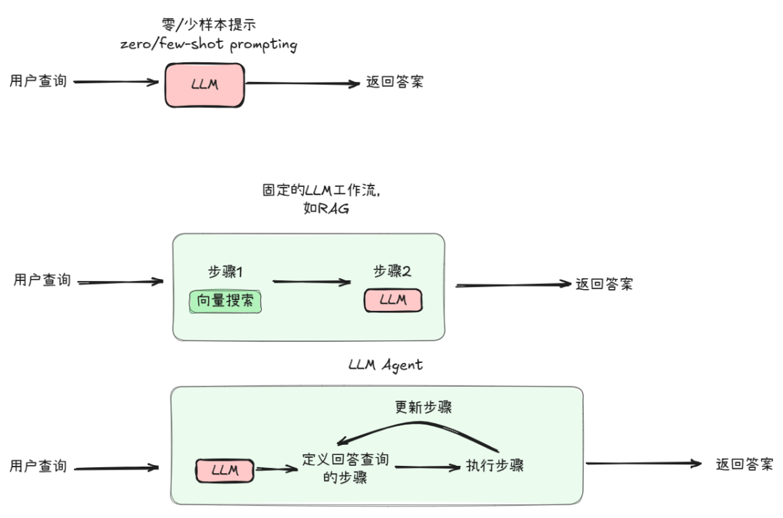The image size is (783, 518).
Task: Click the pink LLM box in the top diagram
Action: (x=204, y=85)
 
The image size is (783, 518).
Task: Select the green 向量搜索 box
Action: (x=225, y=301)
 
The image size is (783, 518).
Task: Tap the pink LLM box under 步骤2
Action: (x=392, y=300)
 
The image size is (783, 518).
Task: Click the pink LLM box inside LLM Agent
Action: (x=225, y=470)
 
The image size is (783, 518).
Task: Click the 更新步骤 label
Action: (x=423, y=407)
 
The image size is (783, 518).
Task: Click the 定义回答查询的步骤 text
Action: (x=345, y=468)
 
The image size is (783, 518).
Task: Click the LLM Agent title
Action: (x=385, y=365)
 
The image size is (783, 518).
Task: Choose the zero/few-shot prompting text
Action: (x=209, y=44)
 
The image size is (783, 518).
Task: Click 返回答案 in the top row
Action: (x=394, y=82)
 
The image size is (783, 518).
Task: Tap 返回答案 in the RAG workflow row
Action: (x=604, y=284)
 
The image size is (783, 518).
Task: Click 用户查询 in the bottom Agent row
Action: (x=38, y=466)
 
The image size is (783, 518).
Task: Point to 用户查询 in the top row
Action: (x=38, y=80)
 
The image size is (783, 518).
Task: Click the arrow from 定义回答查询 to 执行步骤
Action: (x=428, y=467)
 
